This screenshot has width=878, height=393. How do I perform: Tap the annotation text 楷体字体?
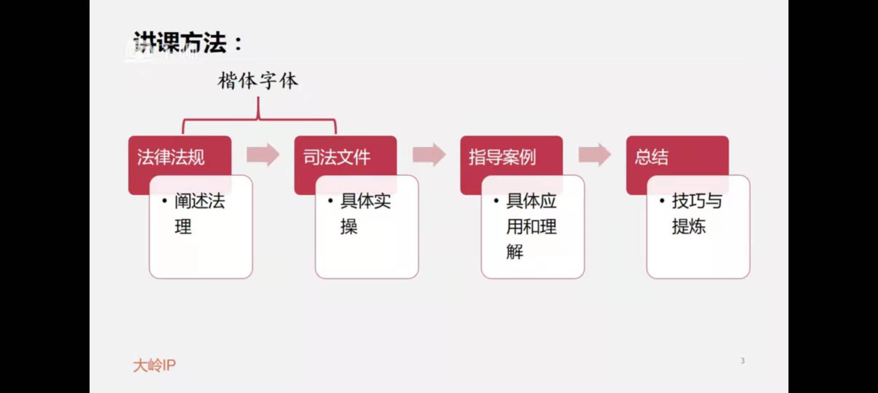pos(258,81)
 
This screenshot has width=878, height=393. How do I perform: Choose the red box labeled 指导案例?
pos(502,157)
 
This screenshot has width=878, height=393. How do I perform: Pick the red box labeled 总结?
pos(652,157)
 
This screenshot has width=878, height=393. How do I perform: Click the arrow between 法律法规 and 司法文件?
pos(263,155)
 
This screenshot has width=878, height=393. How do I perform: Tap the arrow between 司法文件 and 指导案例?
pos(429,155)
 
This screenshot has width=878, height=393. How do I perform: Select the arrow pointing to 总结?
pos(595,155)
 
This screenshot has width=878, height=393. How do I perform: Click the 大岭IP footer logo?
pos(154,365)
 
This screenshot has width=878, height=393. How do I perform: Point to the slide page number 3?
pos(743,361)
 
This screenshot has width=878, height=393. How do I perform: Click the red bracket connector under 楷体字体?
pos(258,119)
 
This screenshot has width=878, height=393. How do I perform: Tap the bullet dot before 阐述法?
pos(165,201)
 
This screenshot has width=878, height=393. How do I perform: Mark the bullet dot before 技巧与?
pos(662,201)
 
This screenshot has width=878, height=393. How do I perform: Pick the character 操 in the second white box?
pos(349,227)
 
